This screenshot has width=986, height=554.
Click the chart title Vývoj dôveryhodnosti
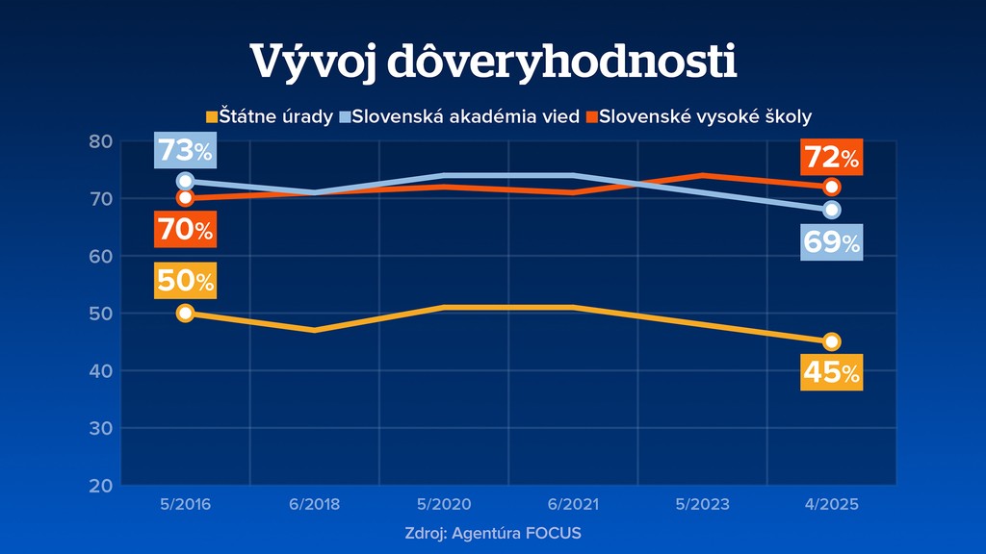[493, 63]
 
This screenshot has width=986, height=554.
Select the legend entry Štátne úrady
[270, 117]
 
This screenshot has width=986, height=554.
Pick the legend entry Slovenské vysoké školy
[699, 117]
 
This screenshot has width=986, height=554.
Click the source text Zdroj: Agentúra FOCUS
[493, 533]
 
